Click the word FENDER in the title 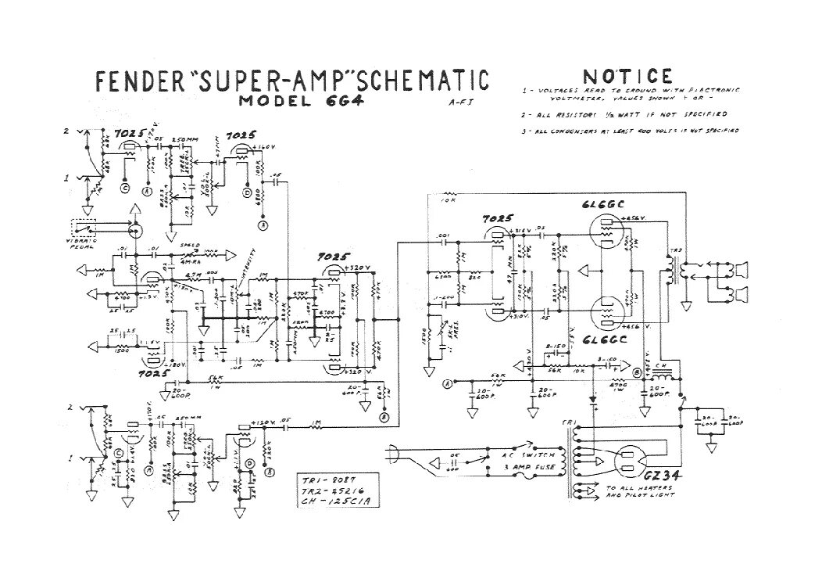[x=138, y=81]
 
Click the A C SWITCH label [x=532, y=454]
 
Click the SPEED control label [x=190, y=246]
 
